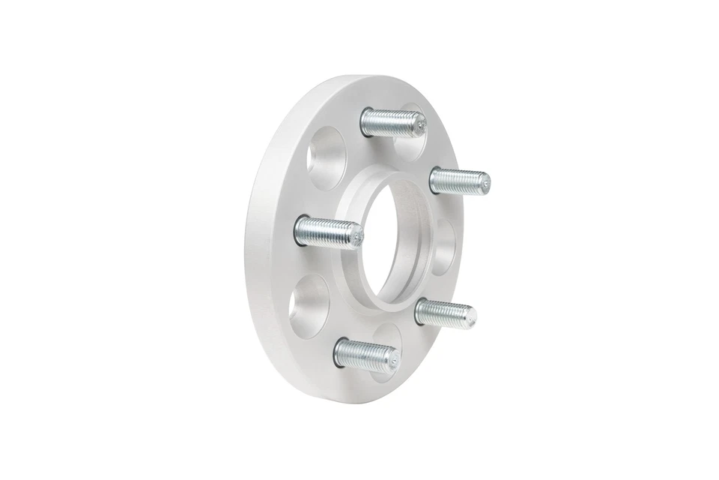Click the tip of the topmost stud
point(420,125)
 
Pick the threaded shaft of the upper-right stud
point(458,181)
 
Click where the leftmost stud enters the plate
point(300,229)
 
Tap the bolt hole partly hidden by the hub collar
point(443,247)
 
